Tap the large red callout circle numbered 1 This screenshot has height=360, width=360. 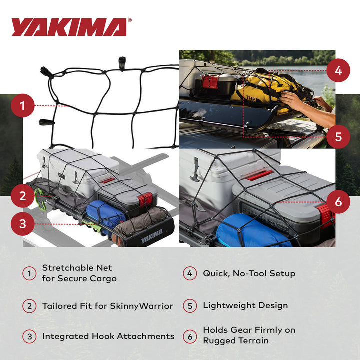tap(23, 105)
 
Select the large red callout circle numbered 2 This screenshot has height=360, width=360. tap(23, 196)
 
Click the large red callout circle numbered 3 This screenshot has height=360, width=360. tap(23, 223)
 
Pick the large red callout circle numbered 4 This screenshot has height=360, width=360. tap(338, 70)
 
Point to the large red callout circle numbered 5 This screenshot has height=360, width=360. tap(338, 136)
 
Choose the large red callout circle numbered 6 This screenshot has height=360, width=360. tap(338, 202)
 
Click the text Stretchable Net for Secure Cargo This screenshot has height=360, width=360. tap(79, 273)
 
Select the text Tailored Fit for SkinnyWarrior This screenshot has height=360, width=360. tap(107, 305)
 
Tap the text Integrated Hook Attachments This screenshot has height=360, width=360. tap(108, 336)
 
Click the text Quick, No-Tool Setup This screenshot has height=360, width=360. tap(249, 273)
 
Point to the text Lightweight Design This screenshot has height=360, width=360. tap(245, 305)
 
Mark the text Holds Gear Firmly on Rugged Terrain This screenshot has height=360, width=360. tap(249, 335)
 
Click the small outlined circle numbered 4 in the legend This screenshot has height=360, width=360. tap(190, 274)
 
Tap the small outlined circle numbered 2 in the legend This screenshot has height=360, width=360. tap(29, 305)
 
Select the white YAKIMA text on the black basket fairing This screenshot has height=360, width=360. tap(151, 236)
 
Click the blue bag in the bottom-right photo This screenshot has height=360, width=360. tap(252, 230)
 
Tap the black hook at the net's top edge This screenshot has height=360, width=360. tap(121, 62)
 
